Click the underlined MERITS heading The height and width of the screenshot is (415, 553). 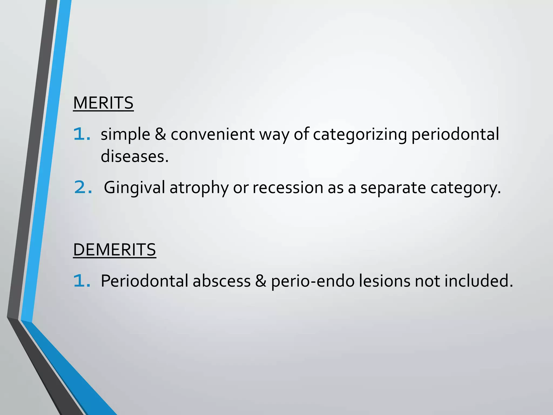tap(103, 103)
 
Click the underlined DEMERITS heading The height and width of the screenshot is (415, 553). tap(114, 250)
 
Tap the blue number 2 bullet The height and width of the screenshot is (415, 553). tap(83, 187)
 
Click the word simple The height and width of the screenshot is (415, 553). tap(125, 134)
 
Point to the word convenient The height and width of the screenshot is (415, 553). tap(213, 134)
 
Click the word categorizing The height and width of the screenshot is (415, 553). tap(360, 134)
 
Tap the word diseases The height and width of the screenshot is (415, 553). tap(134, 156)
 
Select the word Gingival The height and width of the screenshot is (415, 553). tap(134, 188)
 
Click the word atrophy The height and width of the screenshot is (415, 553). tap(199, 188)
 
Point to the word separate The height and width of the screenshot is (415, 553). tap(393, 188)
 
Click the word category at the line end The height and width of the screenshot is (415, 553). tap(466, 188)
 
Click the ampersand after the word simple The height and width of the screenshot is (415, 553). tap(160, 134)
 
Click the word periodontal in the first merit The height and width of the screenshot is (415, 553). tap(455, 134)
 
